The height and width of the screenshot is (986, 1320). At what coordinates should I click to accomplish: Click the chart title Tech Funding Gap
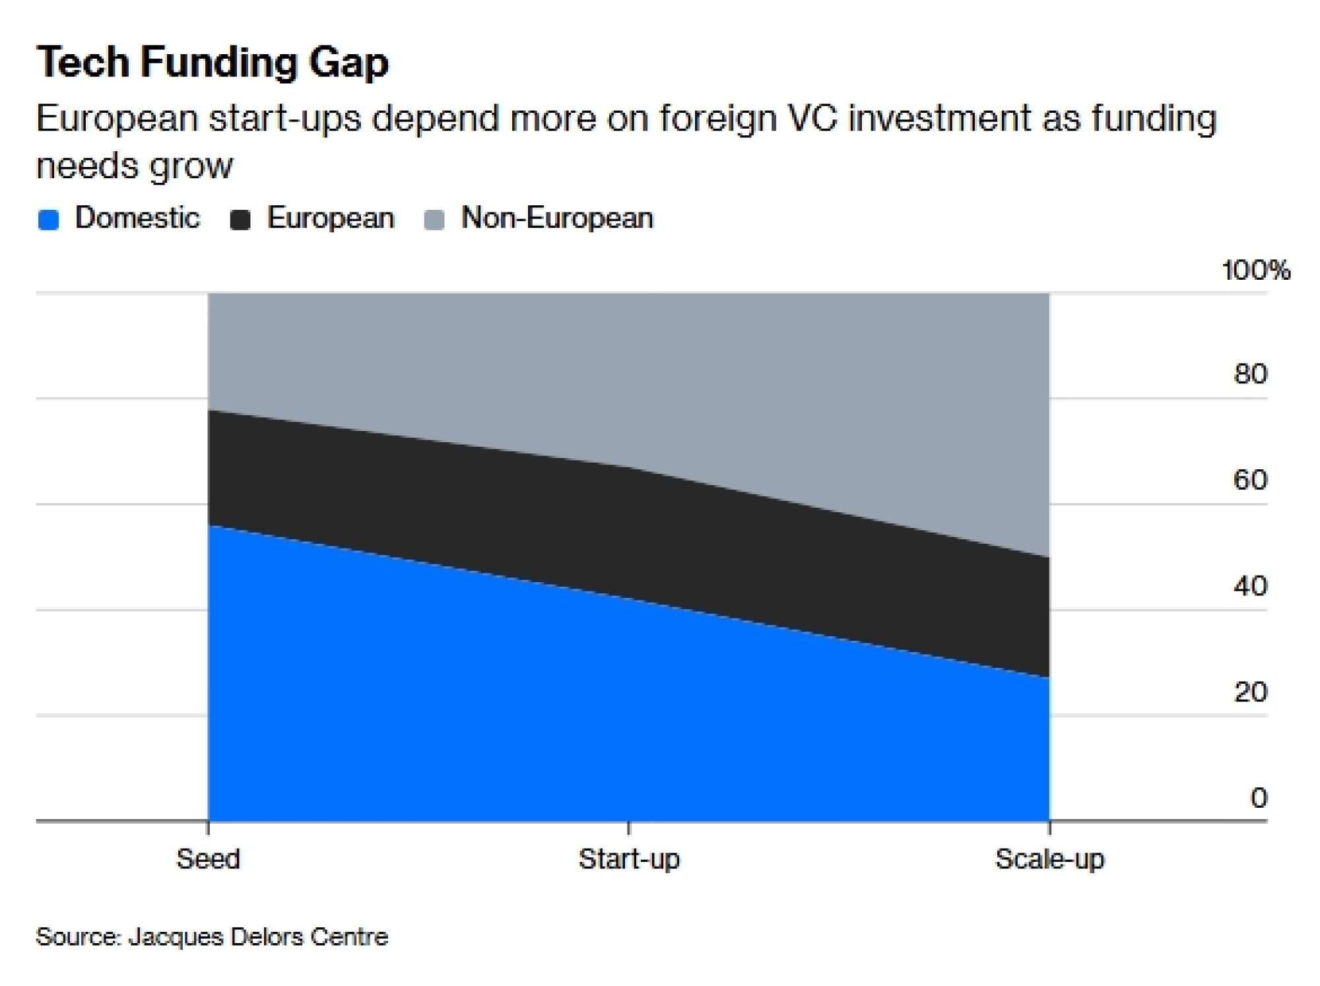[x=213, y=63]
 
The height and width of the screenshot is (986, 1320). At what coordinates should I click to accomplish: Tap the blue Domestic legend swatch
[x=48, y=219]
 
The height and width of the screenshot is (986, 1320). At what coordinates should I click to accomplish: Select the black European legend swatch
[x=240, y=219]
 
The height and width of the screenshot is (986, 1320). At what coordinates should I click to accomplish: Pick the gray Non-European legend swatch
[x=434, y=219]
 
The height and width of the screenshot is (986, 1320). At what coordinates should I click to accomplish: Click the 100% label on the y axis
[x=1255, y=271]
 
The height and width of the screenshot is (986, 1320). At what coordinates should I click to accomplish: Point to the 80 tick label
[x=1250, y=374]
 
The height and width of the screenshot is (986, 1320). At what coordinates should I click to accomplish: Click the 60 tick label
[x=1250, y=480]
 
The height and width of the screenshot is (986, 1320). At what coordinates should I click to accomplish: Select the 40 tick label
[x=1250, y=586]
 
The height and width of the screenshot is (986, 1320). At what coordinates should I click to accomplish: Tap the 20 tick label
[x=1250, y=692]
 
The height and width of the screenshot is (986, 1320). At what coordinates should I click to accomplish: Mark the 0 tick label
[x=1259, y=798]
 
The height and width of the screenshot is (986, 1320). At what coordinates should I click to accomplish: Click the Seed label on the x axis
[x=208, y=859]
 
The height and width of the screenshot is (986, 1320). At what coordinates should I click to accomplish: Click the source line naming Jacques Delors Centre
[x=212, y=937]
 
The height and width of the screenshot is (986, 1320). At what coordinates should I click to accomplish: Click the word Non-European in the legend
[x=557, y=218]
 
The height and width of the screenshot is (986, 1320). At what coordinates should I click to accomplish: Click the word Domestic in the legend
[x=137, y=218]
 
